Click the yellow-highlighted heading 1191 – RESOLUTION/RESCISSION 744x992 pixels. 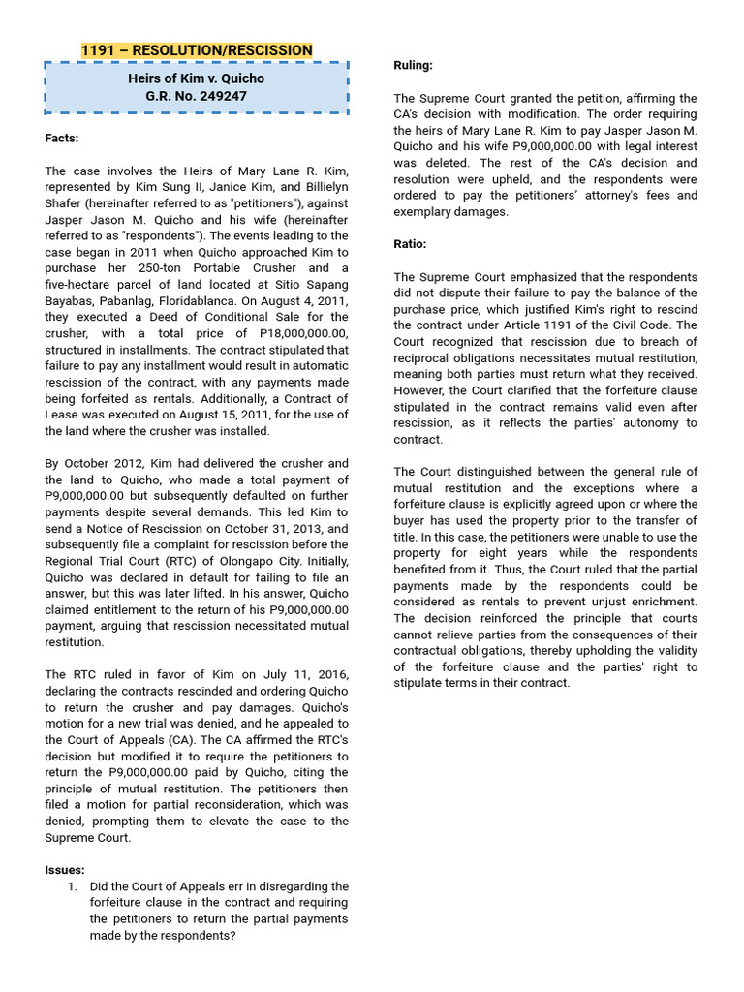197,50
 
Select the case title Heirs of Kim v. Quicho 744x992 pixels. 197,77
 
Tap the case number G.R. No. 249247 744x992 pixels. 197,97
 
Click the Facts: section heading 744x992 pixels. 62,139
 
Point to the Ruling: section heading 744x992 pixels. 413,65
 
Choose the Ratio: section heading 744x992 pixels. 410,244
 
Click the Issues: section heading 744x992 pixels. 65,870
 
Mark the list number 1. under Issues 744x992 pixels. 73,886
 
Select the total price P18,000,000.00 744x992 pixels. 294,332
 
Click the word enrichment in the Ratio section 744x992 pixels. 660,603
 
